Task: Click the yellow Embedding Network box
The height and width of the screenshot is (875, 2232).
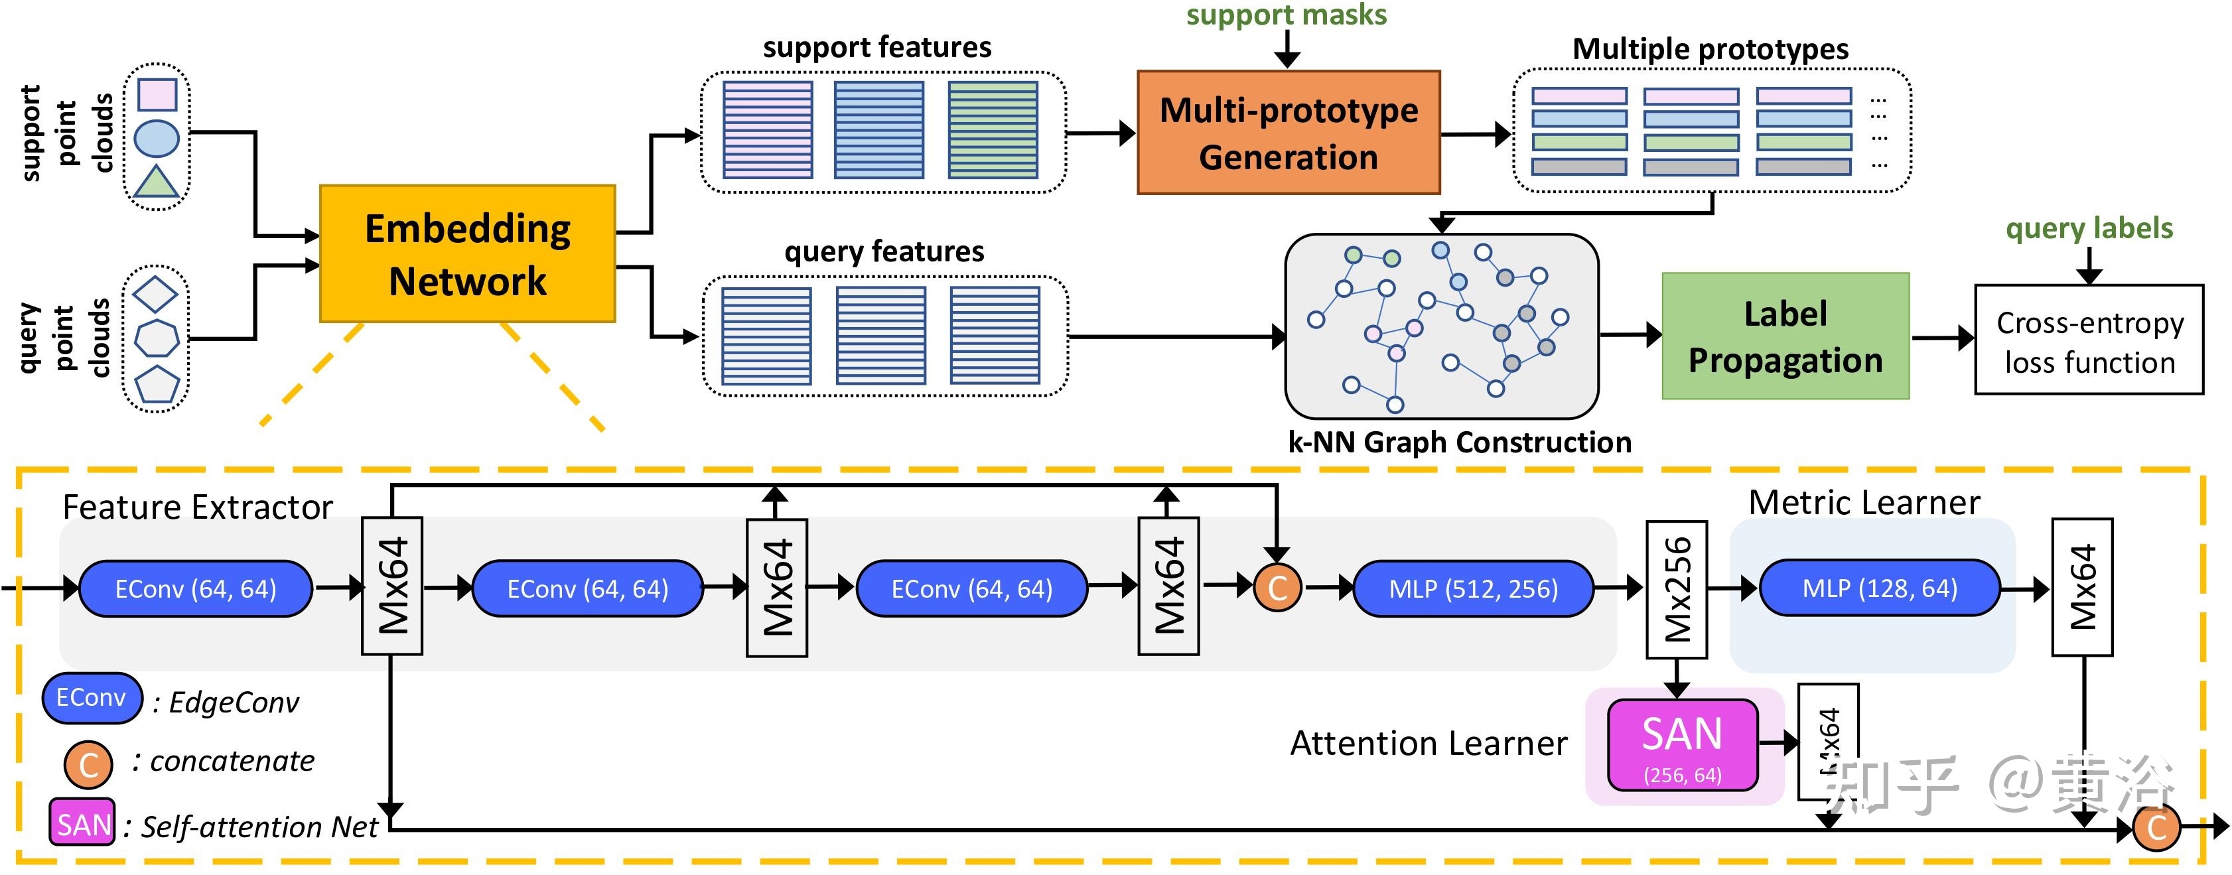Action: tap(467, 254)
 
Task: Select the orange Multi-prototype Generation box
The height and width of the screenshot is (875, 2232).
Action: tap(1288, 133)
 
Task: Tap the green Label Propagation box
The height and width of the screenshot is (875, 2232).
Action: tap(1785, 336)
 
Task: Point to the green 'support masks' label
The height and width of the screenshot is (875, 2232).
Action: tap(1286, 15)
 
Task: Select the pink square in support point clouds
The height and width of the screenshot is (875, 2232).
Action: tap(157, 94)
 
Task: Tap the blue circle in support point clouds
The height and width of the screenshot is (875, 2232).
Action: tap(157, 139)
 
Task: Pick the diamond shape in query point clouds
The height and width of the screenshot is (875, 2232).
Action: tap(157, 295)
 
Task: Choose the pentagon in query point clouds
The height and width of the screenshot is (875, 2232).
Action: tap(157, 384)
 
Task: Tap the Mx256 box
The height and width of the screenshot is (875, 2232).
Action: tap(1677, 589)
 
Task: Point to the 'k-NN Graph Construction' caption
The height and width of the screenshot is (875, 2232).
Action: tap(1459, 442)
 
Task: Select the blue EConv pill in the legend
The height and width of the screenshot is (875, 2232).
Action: tap(92, 697)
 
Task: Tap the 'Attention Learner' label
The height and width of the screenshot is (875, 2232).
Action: tap(1428, 743)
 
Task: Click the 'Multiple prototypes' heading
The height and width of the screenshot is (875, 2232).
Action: tap(1710, 48)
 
